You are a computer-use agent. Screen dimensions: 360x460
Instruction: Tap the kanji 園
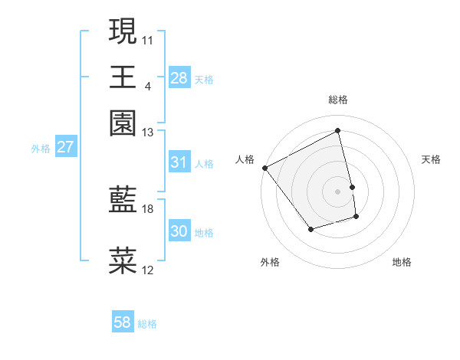point(123,123)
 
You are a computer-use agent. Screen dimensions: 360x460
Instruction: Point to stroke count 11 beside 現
point(148,38)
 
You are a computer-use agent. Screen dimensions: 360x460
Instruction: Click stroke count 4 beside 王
point(147,85)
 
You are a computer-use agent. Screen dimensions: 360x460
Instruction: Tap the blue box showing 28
point(179,77)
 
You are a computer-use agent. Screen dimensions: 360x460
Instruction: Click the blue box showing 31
point(179,162)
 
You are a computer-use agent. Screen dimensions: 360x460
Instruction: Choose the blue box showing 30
point(179,231)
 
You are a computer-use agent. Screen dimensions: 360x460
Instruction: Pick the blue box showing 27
point(65,147)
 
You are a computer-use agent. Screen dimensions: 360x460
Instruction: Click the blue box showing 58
point(123,322)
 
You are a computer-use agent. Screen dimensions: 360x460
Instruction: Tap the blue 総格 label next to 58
point(147,324)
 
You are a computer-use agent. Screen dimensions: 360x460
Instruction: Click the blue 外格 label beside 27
point(40,149)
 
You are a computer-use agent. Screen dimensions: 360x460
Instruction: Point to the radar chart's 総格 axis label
point(338,100)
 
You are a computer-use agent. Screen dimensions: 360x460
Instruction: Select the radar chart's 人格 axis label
point(245,159)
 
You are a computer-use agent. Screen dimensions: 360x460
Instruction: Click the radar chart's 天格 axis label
point(431,159)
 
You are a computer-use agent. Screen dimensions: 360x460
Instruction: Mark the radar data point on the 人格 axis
point(265,168)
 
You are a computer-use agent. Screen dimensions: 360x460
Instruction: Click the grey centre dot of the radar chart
point(338,191)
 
